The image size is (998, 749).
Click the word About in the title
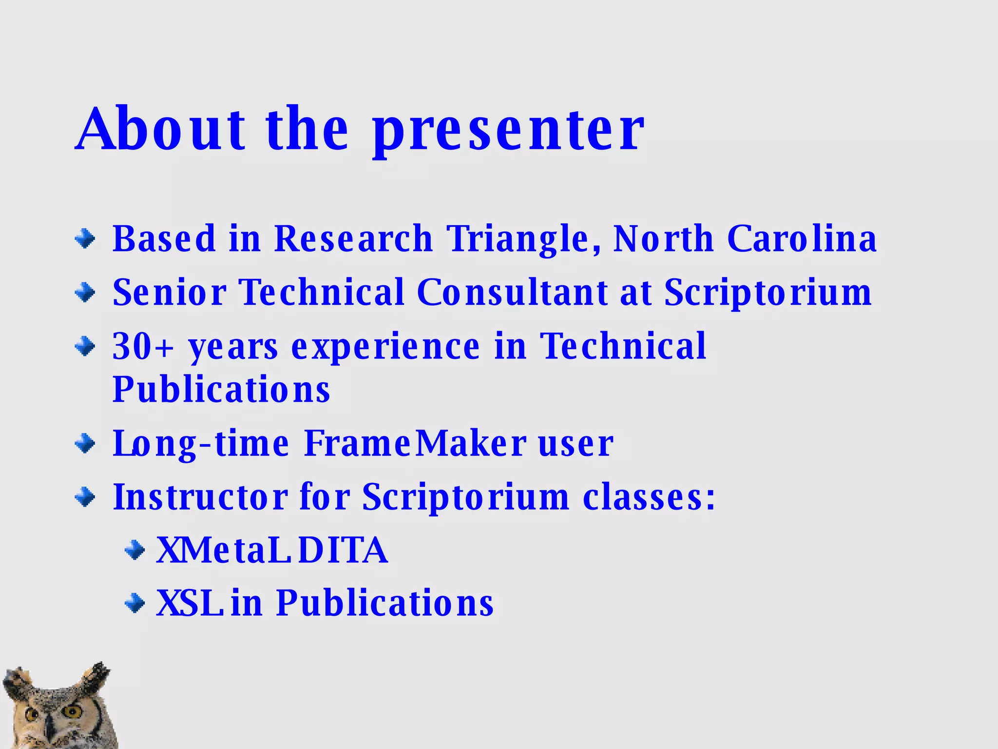(161, 129)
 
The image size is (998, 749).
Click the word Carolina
(802, 239)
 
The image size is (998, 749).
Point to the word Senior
(169, 293)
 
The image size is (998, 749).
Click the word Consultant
(512, 293)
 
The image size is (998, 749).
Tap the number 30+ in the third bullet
(143, 346)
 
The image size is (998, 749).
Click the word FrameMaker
(415, 443)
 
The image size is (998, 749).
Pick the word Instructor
(200, 497)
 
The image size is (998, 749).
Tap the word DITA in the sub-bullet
(343, 551)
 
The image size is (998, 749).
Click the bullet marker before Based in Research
(85, 239)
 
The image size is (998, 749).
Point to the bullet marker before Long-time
(85, 443)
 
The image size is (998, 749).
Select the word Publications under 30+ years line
(221, 390)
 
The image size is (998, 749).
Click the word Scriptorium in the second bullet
(768, 293)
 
